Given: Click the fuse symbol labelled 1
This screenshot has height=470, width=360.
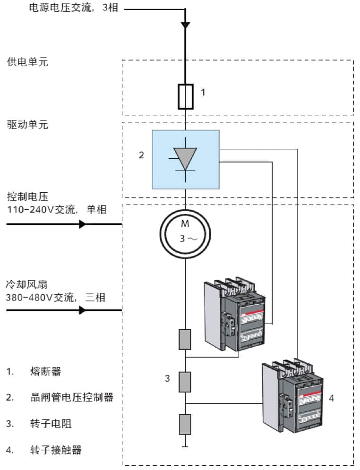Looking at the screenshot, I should [x=185, y=96].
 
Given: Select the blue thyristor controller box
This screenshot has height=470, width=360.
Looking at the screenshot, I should [x=185, y=160].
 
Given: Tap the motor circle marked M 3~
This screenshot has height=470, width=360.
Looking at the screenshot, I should [x=185, y=233].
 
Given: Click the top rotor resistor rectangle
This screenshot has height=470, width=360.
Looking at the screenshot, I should [x=185, y=339].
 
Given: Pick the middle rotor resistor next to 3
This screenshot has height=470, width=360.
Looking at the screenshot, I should [x=185, y=382].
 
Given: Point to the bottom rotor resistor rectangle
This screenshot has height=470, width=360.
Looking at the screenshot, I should [x=185, y=424].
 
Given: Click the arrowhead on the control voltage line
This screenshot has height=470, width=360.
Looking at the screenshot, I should [x=82, y=224].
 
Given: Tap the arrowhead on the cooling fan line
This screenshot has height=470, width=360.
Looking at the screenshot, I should [x=82, y=310].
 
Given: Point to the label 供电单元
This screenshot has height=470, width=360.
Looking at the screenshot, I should [x=27, y=62].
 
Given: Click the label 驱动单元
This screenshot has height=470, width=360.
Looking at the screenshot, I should [x=27, y=125].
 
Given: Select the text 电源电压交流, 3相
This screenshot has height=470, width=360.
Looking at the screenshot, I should [x=74, y=8].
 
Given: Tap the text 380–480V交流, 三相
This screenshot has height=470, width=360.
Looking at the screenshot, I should [x=55, y=298].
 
